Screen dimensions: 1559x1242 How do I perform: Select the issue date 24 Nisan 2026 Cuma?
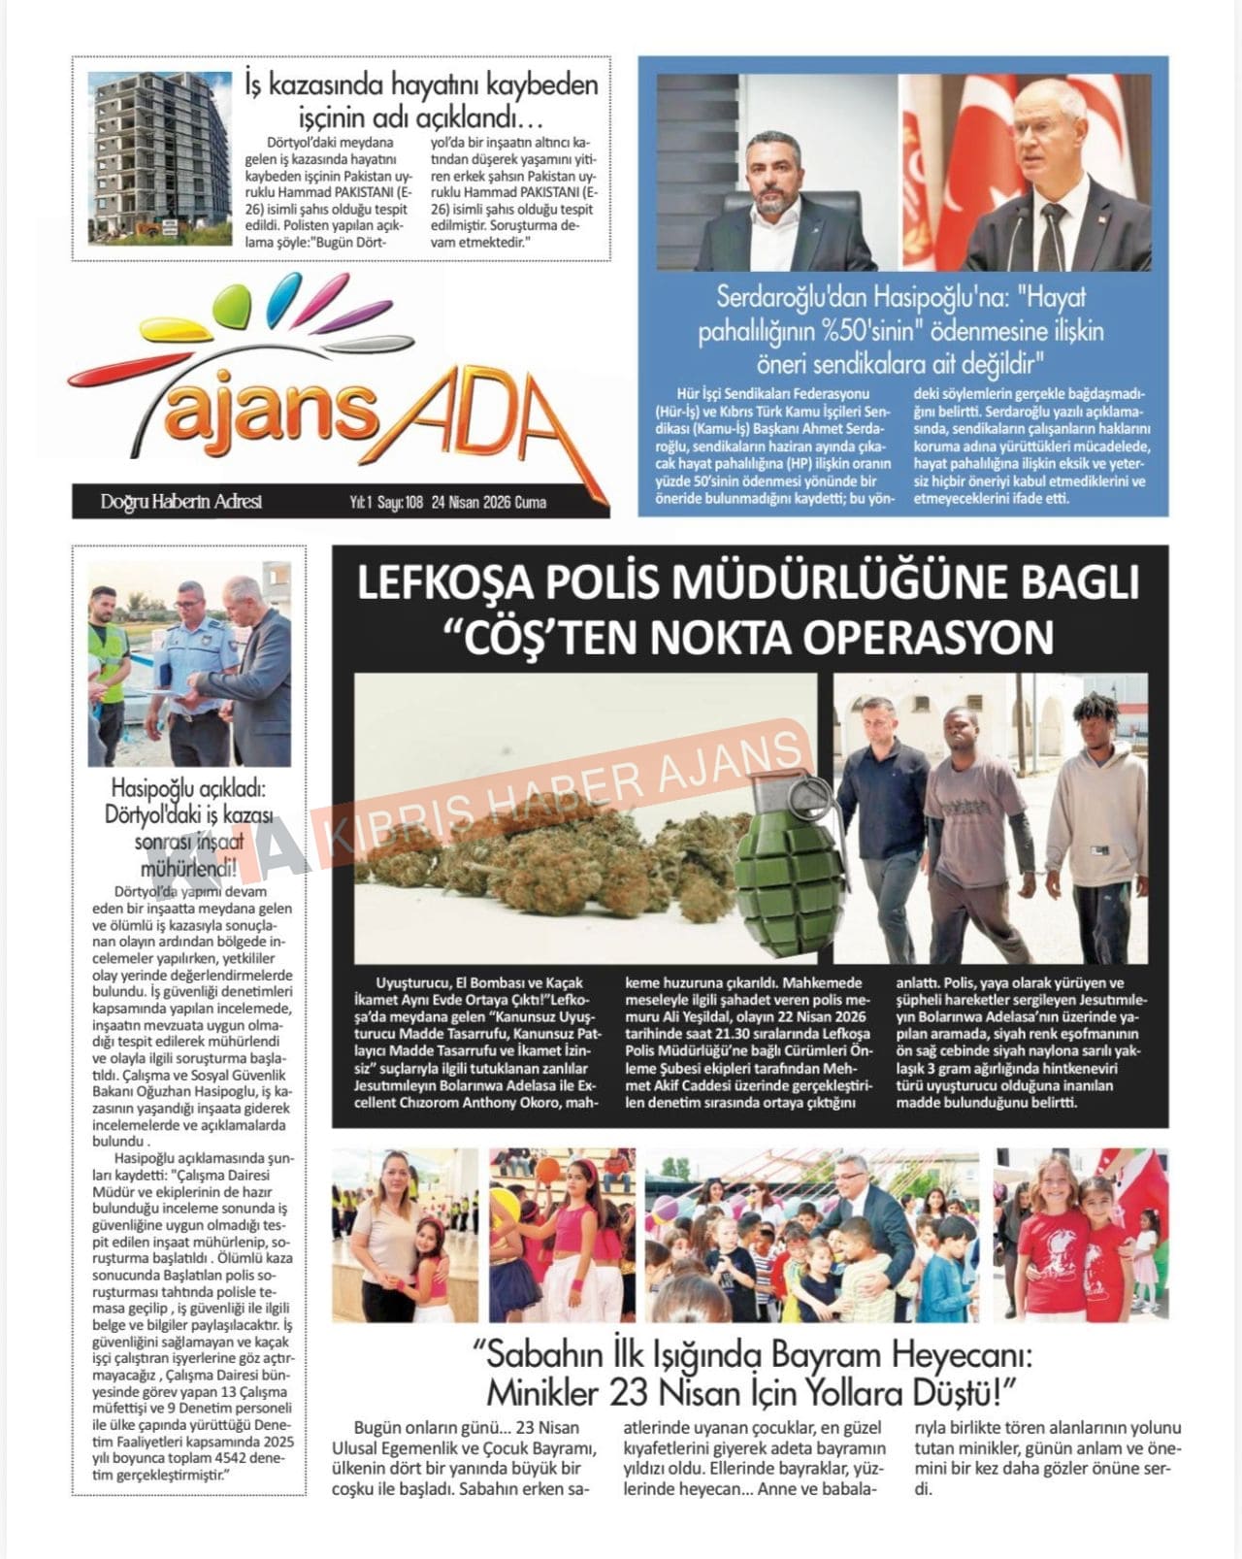[489, 503]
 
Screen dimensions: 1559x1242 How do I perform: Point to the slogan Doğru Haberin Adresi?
[180, 502]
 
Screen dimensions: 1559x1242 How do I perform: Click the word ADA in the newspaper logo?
[482, 409]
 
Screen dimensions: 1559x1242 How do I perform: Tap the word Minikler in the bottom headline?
[542, 1393]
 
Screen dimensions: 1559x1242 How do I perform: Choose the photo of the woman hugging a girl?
[405, 1235]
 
